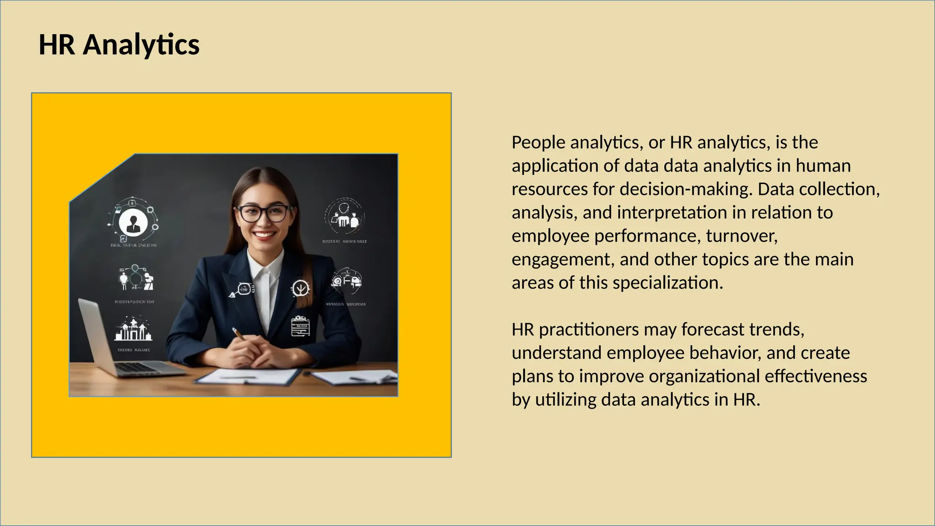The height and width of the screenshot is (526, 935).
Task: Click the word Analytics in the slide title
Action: click(141, 45)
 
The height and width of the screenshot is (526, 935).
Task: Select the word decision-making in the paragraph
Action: click(685, 189)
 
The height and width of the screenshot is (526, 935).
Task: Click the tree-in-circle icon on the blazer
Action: click(300, 288)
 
